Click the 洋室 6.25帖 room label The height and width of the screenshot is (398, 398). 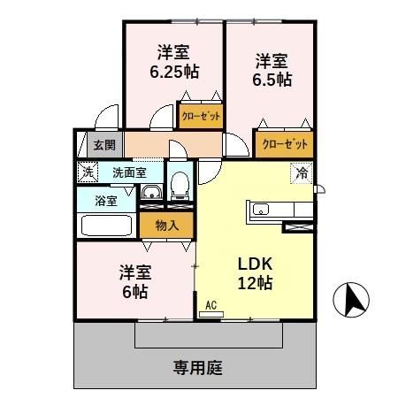pos(172,62)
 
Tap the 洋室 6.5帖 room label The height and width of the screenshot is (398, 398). pos(272,69)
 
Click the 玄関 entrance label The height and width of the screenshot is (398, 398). pos(103,144)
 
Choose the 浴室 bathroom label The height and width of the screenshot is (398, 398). pos(105,200)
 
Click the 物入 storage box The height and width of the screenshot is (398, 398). pos(166,225)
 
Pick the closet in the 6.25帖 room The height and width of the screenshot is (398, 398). pos(201,115)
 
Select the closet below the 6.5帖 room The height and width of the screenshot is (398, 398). pos(285,143)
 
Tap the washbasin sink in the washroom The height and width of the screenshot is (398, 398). pos(150,194)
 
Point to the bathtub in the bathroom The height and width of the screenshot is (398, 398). pos(107,225)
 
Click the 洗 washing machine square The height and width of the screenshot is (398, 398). pos(87,172)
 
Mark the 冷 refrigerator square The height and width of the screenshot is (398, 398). pos(302,173)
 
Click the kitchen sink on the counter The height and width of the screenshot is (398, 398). pos(262,210)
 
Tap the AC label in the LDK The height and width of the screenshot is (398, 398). pos(210,306)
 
